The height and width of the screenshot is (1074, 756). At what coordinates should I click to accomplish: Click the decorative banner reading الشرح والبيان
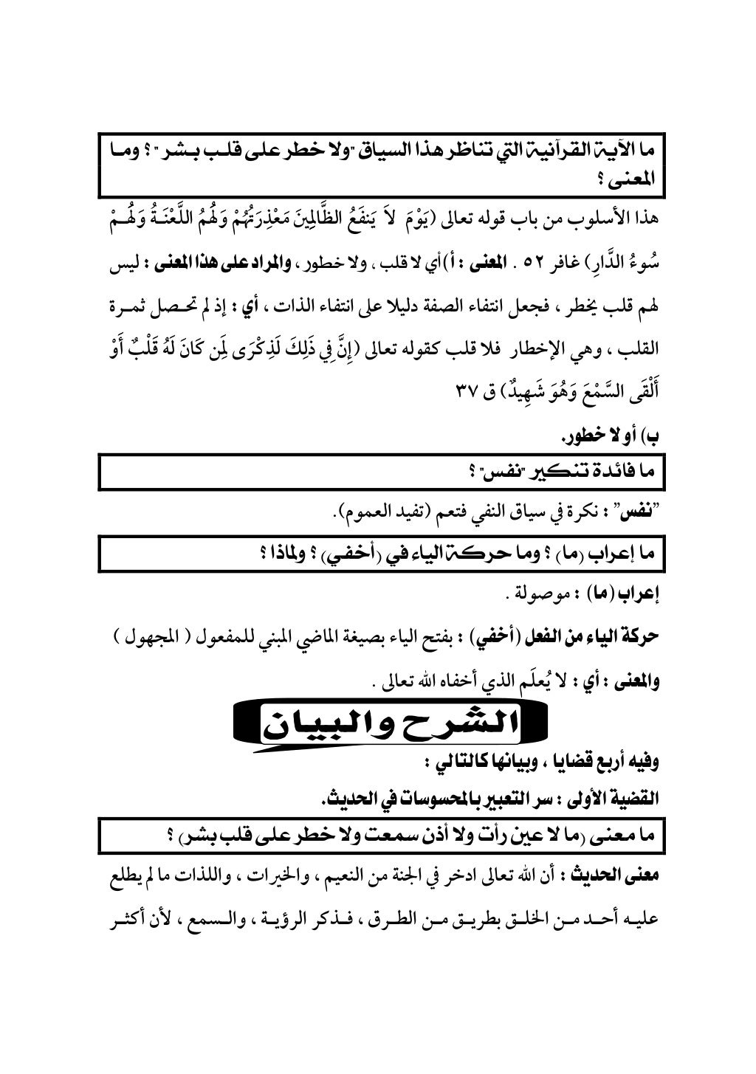click(392, 726)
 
